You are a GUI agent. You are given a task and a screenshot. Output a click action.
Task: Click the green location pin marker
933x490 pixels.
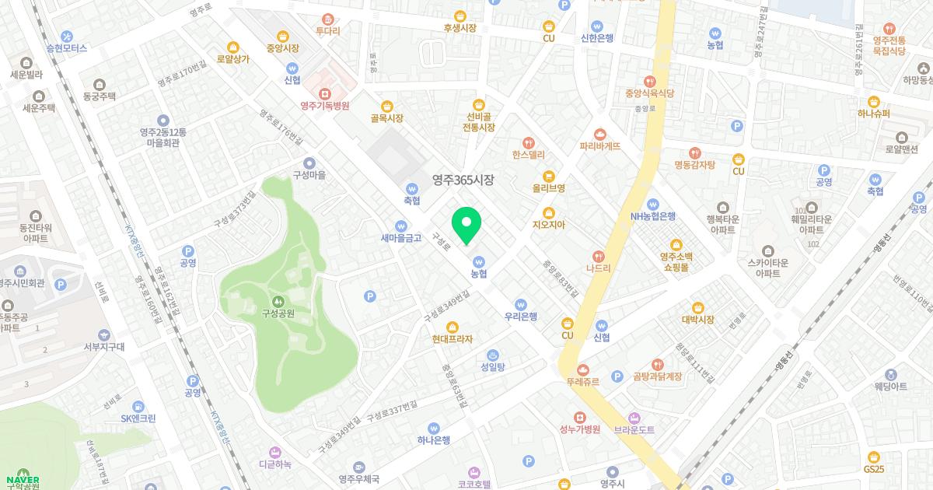[x=466, y=226]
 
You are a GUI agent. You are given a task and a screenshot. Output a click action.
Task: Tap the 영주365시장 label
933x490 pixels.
[x=463, y=180]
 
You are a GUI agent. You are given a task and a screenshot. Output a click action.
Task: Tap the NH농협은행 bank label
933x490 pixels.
[x=652, y=216]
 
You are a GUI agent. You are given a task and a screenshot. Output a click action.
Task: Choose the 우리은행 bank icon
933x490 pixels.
[x=521, y=305]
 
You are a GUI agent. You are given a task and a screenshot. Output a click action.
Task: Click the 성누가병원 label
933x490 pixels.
[x=579, y=429]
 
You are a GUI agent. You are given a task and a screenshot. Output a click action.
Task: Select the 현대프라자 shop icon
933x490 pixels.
[x=453, y=327]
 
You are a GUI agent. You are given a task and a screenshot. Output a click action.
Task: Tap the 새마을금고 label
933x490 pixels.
[x=401, y=238]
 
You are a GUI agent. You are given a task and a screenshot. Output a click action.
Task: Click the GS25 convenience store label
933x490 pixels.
[x=873, y=469]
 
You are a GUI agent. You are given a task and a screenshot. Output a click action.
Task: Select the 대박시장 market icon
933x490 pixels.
[x=697, y=307]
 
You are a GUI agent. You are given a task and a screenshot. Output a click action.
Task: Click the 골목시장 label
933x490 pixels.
[x=386, y=118]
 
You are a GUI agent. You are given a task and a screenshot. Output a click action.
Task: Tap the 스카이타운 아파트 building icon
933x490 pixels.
[x=769, y=250]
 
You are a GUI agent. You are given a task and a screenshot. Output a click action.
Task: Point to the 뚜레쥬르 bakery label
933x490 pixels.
[x=583, y=382]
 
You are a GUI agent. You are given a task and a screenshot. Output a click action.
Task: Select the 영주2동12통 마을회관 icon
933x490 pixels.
[x=162, y=120]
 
